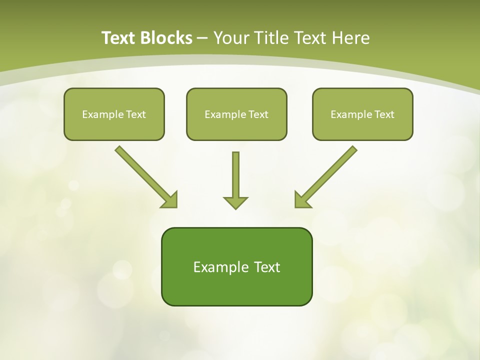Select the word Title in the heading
(x=272, y=38)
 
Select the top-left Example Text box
(x=114, y=114)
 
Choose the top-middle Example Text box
(x=236, y=114)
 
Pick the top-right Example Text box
(x=362, y=114)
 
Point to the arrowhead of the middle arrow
(x=235, y=202)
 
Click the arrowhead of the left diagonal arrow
(x=170, y=200)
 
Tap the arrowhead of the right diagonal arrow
(x=301, y=200)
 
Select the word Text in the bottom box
(x=266, y=267)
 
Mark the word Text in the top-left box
(x=135, y=114)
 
